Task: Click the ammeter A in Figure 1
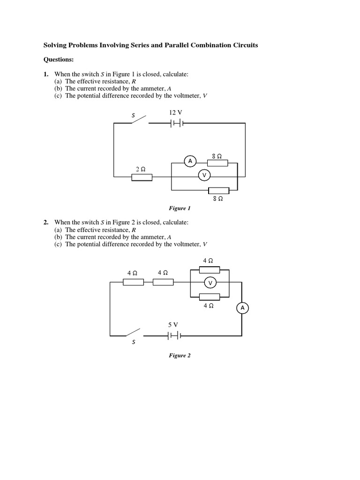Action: pyautogui.click(x=190, y=161)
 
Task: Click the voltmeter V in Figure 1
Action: pyautogui.click(x=204, y=175)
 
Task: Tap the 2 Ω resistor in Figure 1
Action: pyautogui.click(x=142, y=177)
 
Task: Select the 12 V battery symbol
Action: pyautogui.click(x=177, y=123)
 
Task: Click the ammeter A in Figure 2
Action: pyautogui.click(x=242, y=307)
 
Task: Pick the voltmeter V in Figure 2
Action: pyautogui.click(x=210, y=283)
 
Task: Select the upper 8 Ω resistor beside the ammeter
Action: pyautogui.click(x=217, y=163)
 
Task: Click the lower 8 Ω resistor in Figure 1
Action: pyautogui.click(x=218, y=190)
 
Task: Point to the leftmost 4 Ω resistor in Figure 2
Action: pyautogui.click(x=133, y=282)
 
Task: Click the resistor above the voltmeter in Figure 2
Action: pyautogui.click(x=210, y=270)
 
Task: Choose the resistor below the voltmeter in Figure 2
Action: pyautogui.click(x=210, y=296)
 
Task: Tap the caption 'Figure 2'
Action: pyautogui.click(x=180, y=355)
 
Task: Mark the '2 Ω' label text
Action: pyautogui.click(x=139, y=168)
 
